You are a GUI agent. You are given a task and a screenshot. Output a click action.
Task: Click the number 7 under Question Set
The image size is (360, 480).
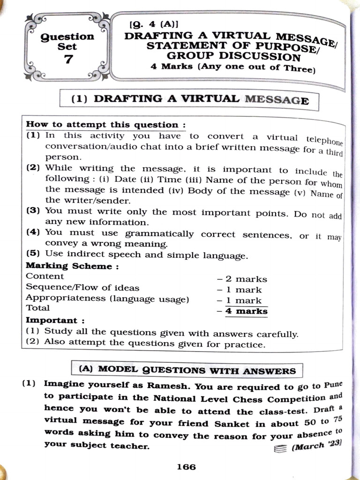[68, 60]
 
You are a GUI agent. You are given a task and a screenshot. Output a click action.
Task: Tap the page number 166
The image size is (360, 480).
[186, 467]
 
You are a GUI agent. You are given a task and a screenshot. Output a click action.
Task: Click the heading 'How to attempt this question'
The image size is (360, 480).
[105, 125]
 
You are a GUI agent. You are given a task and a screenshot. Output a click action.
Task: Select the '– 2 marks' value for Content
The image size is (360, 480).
[242, 279]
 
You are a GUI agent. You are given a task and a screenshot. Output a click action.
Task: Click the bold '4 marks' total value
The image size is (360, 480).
[246, 311]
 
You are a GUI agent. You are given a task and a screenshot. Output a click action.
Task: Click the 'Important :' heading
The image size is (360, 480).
[55, 321]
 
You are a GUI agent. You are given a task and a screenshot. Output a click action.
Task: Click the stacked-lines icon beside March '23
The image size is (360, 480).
[279, 449]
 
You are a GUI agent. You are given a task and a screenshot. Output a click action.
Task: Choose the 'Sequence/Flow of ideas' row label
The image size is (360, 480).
[82, 288]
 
